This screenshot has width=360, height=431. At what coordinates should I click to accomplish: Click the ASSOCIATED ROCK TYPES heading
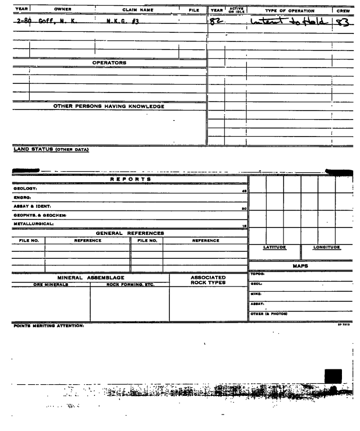[x=208, y=280]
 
